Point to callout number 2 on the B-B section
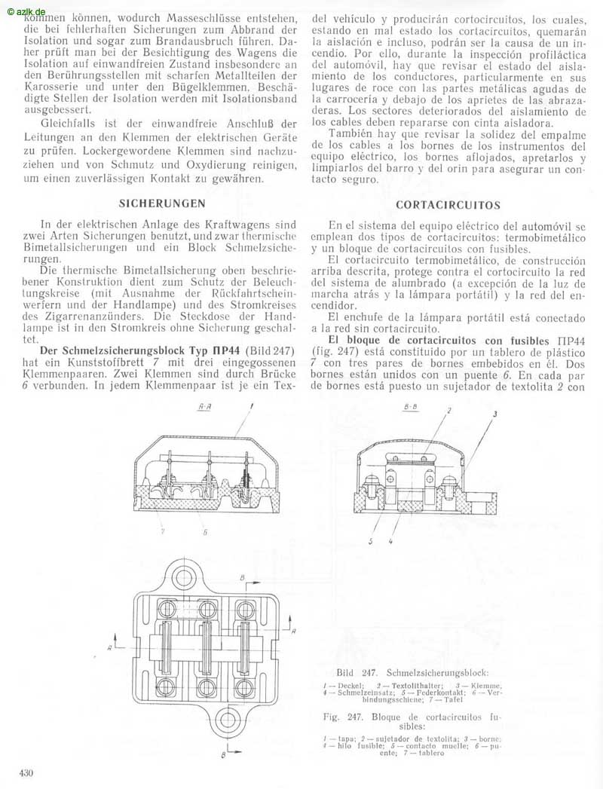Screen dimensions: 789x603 coord(448,411)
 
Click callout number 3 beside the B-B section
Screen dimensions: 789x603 coord(495,415)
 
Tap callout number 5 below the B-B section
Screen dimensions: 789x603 coord(369,540)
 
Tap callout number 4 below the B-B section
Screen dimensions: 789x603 coord(390,540)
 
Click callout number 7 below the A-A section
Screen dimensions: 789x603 coord(161,531)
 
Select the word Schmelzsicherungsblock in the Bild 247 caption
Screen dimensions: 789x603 coord(436,671)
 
